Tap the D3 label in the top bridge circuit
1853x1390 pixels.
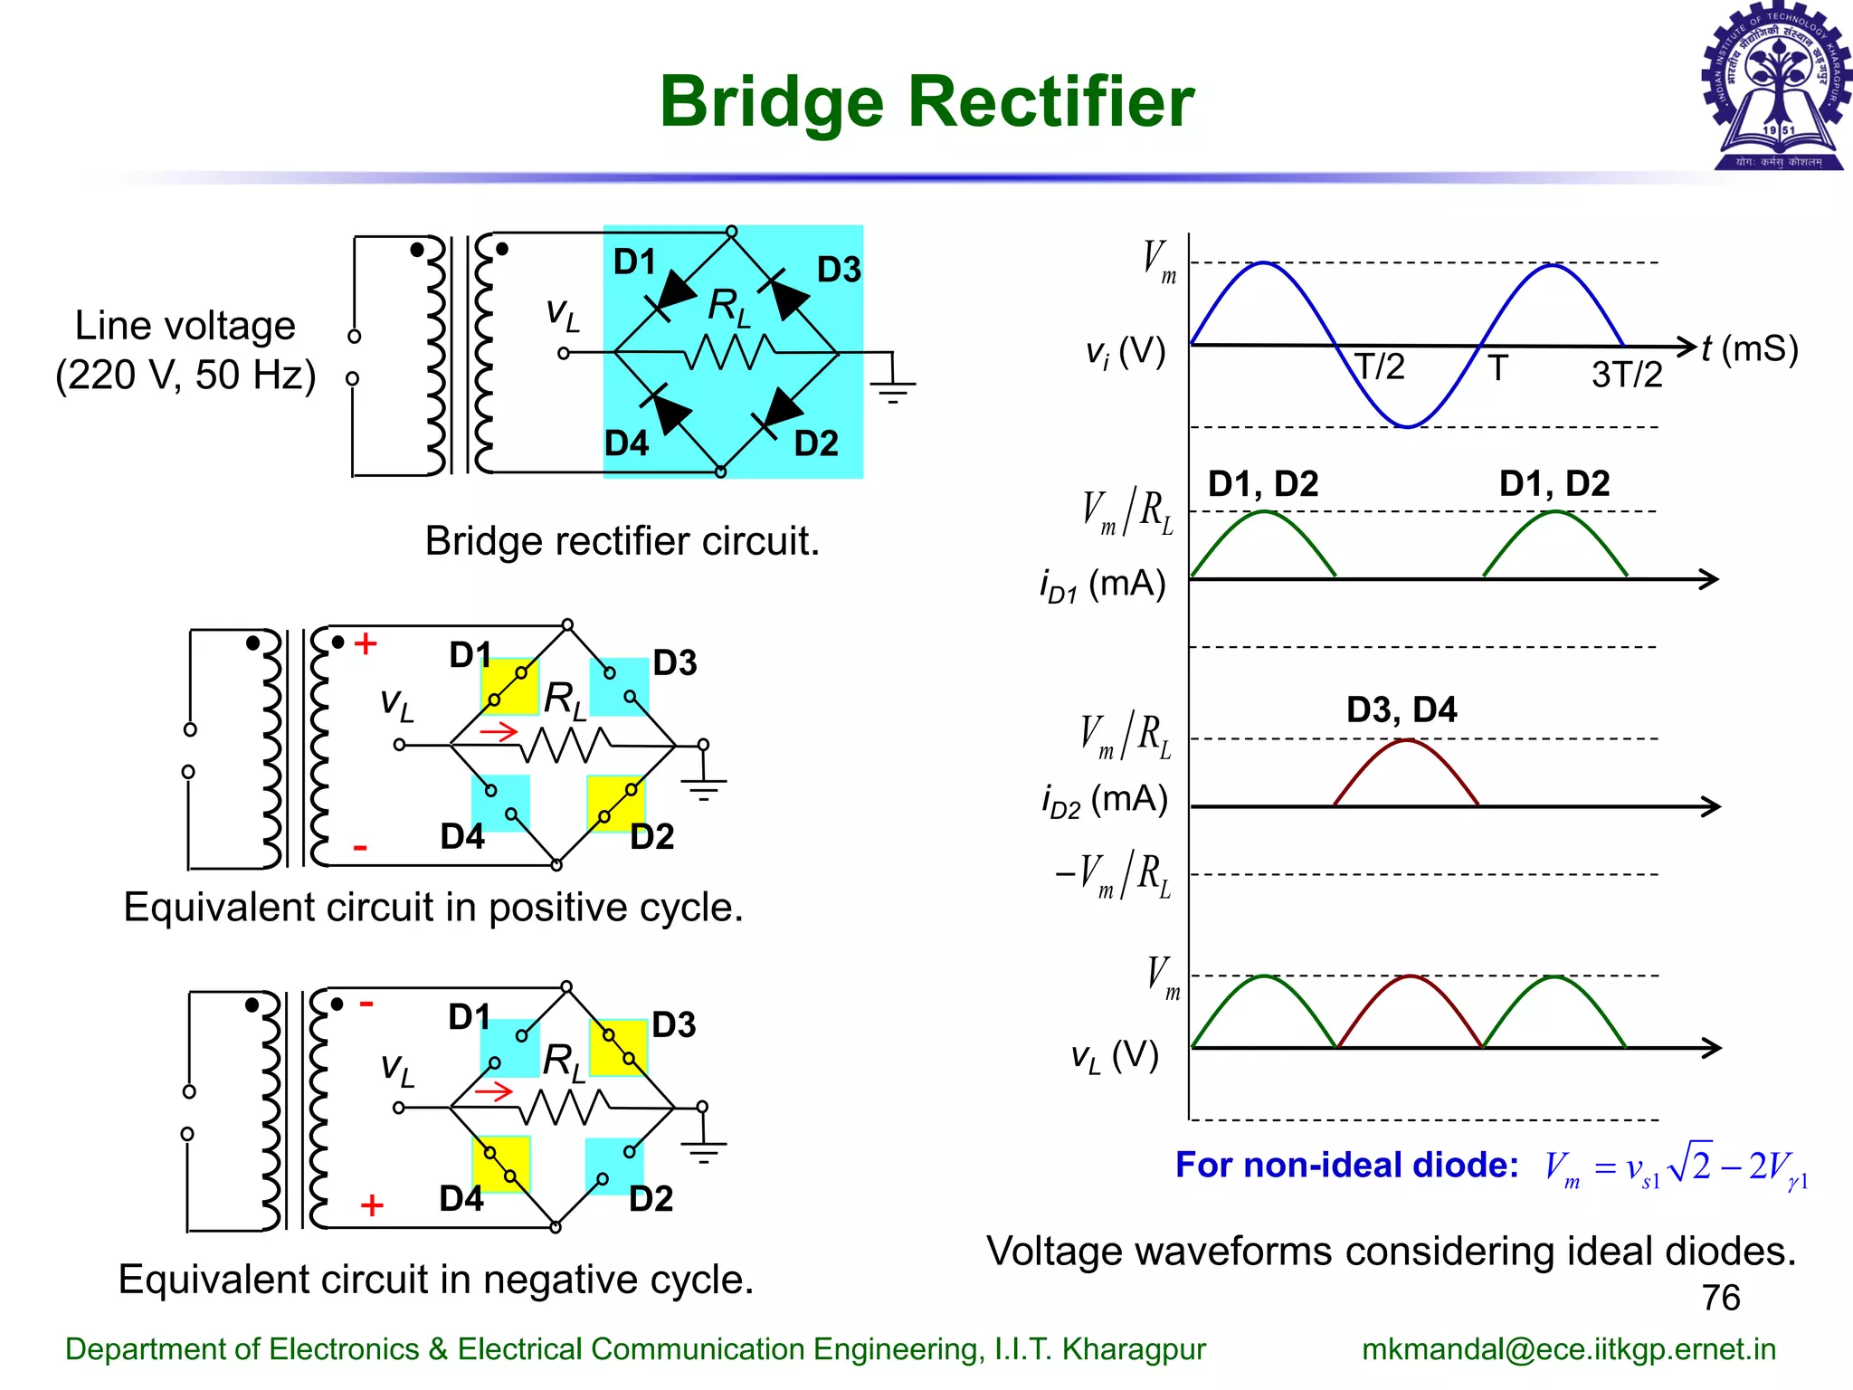(x=839, y=270)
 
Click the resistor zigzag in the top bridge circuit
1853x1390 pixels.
(x=728, y=352)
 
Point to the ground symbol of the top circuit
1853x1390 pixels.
(x=892, y=386)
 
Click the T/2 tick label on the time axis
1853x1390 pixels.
(x=1379, y=367)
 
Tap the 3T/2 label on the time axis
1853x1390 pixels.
(x=1627, y=375)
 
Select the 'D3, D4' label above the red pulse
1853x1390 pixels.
(x=1402, y=709)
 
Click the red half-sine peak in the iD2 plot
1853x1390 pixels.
(x=1407, y=742)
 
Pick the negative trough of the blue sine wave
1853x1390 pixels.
(x=1408, y=425)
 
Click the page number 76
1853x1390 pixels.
(x=1720, y=1298)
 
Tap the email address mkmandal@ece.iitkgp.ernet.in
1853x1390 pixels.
(x=1569, y=1349)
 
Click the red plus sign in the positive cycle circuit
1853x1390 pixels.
(x=366, y=643)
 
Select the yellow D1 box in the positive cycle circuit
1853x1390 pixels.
(x=509, y=687)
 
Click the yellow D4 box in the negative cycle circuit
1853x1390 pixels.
(x=500, y=1164)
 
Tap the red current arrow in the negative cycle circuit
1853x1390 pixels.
(x=494, y=1092)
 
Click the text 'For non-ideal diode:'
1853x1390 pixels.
(x=1346, y=1165)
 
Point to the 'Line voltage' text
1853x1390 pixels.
(x=185, y=326)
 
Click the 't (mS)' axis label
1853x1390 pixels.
(x=1749, y=348)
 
